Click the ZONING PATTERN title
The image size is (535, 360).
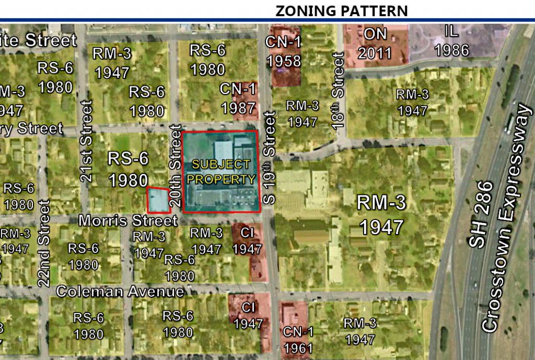tap(341, 10)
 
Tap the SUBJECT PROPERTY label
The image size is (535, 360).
tap(221, 172)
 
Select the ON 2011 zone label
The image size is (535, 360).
tap(375, 42)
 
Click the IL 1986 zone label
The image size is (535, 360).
tap(451, 41)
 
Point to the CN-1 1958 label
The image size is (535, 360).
tap(284, 51)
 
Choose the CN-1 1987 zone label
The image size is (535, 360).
tap(238, 98)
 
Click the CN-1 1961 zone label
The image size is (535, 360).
tap(298, 340)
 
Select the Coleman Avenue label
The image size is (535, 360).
tap(120, 291)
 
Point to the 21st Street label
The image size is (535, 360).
tap(87, 141)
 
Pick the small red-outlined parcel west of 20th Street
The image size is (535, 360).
tap(158, 200)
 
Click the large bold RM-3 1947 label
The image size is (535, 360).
tap(381, 216)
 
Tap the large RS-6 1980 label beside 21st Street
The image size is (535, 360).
tap(128, 169)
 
